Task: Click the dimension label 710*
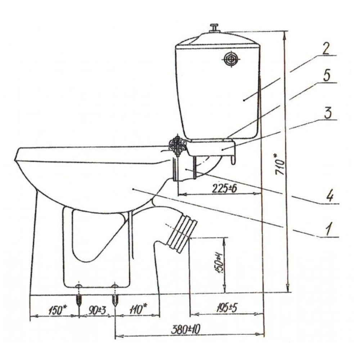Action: click(279, 164)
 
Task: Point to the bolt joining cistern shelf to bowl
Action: click(177, 144)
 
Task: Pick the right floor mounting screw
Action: click(114, 295)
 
